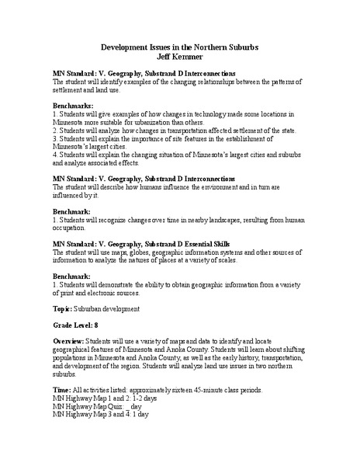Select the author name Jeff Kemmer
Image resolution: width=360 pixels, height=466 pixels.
179,57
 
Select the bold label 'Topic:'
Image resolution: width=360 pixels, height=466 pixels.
63,309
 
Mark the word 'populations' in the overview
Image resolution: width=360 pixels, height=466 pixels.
70,358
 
